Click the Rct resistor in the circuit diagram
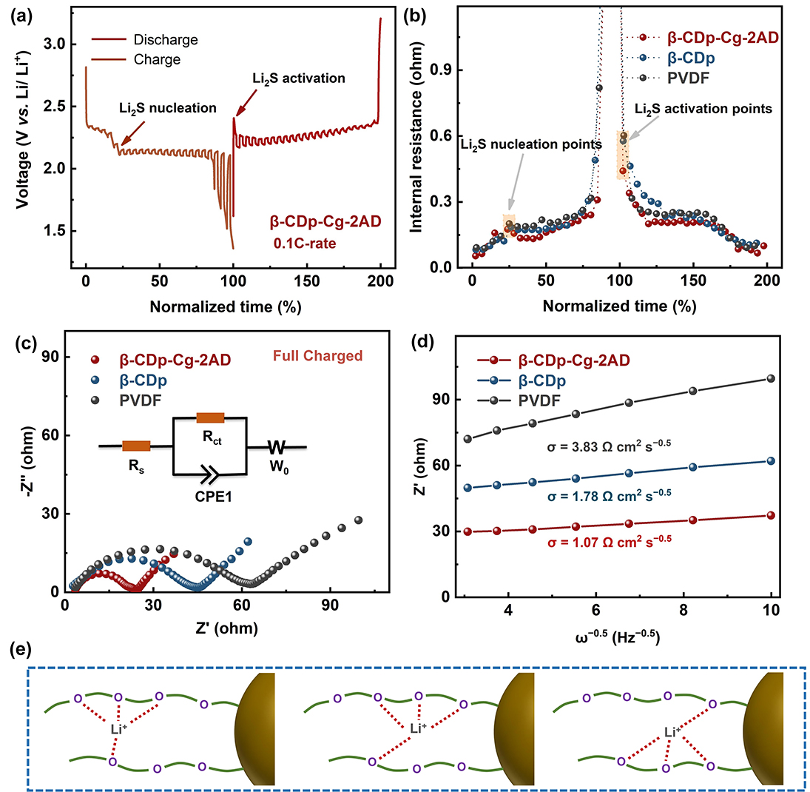click(x=211, y=417)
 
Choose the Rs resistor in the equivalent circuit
click(x=136, y=446)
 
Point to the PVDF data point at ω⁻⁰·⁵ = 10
click(x=771, y=378)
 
